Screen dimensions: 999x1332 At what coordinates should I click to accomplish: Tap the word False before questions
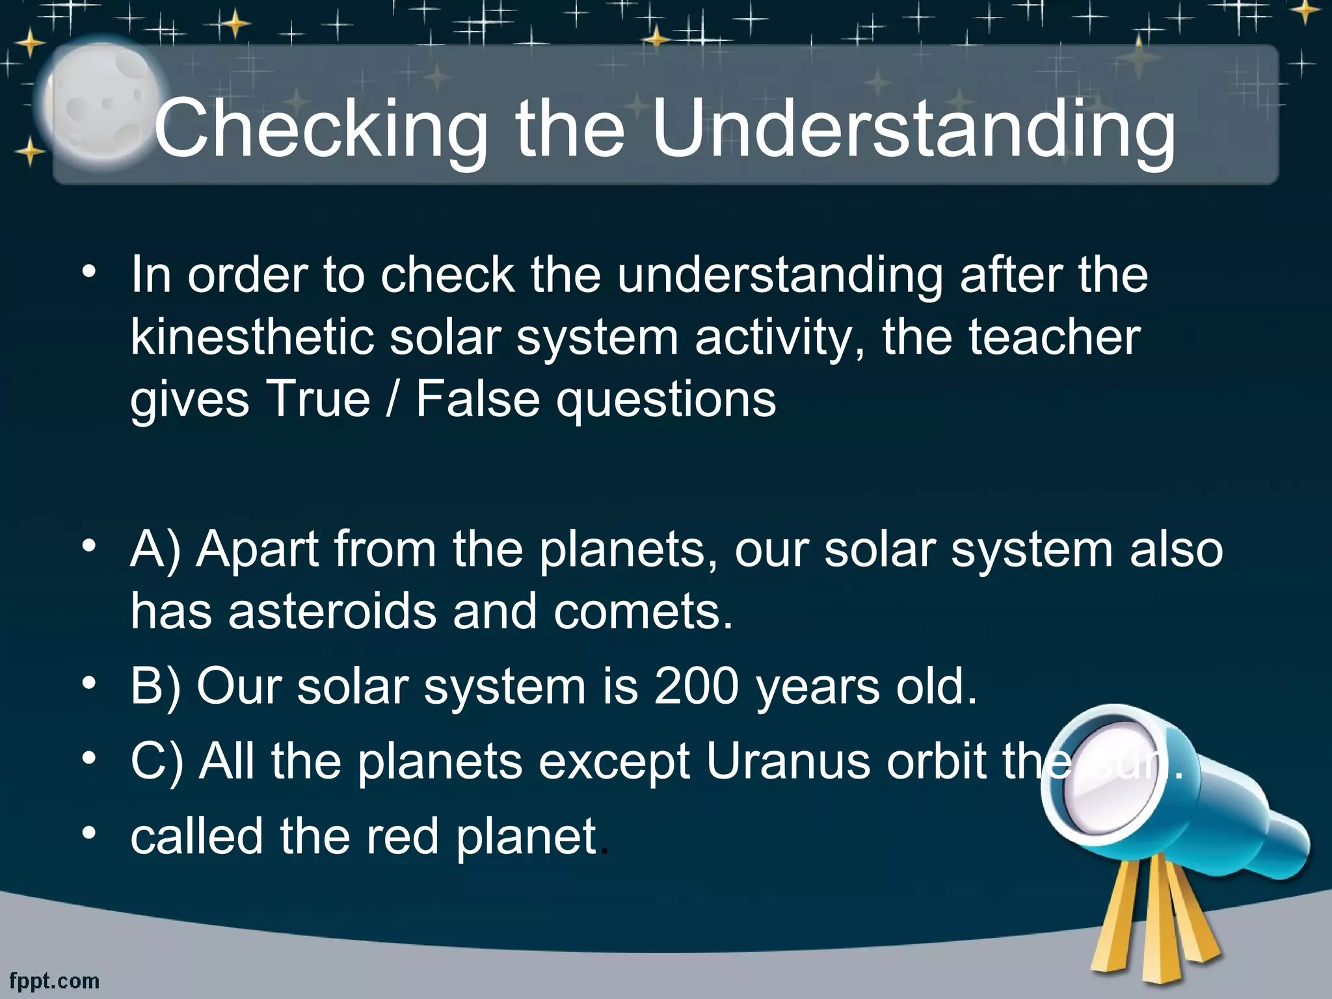point(477,398)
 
